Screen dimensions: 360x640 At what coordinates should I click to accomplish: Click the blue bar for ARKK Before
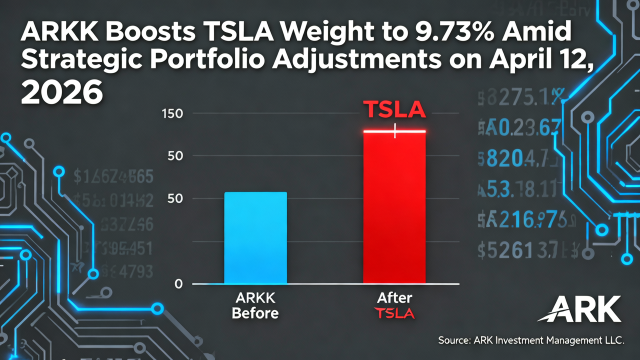coord(255,238)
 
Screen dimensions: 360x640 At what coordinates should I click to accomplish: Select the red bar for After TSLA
coord(394,208)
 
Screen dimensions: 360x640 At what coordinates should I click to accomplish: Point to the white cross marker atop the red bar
coord(395,131)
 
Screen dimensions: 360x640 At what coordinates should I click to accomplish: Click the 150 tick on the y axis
coord(172,113)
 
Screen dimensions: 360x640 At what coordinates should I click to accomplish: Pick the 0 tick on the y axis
coord(178,284)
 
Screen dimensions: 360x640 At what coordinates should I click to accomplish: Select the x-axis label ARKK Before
coord(255,306)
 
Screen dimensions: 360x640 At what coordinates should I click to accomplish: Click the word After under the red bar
coord(394,298)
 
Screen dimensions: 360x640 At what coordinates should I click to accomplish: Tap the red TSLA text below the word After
coord(394,313)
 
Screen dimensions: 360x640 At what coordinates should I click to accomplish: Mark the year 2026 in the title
coord(62,93)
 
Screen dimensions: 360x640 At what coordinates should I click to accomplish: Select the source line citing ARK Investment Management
coord(531,340)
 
